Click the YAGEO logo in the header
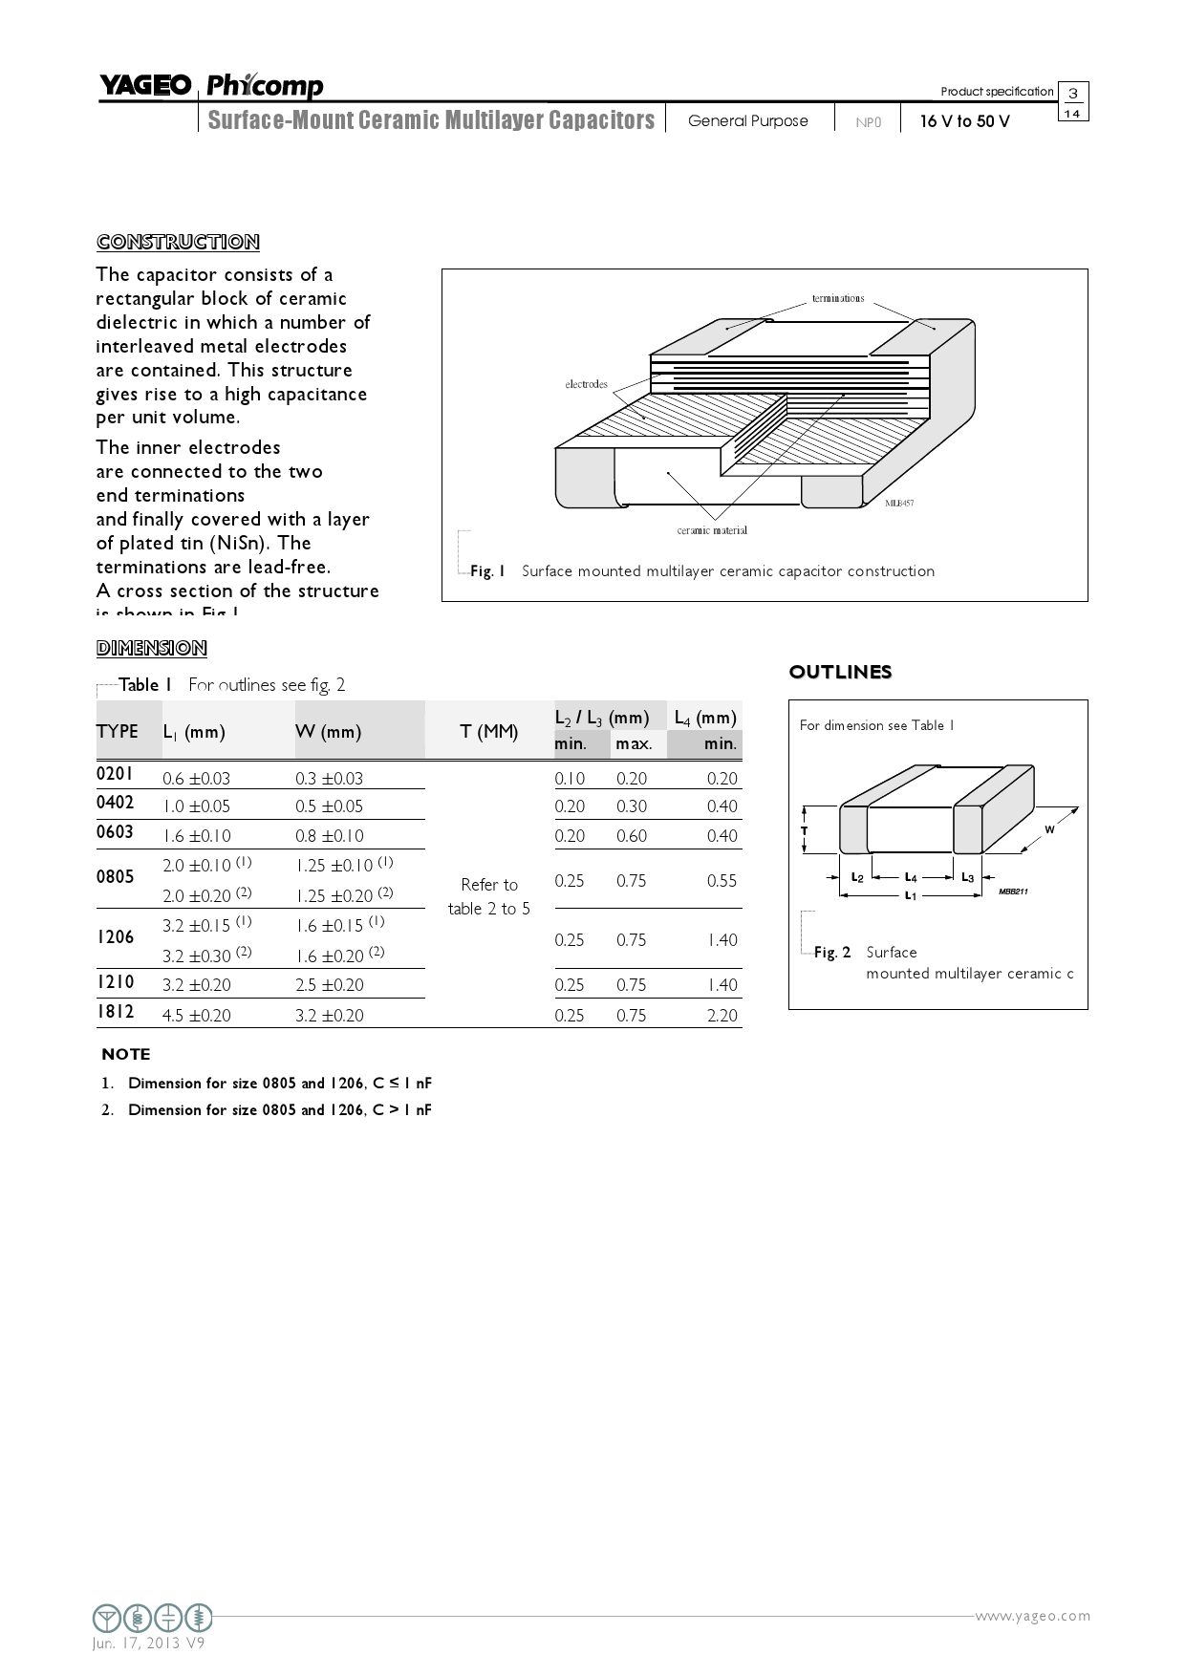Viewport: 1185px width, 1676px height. click(x=145, y=86)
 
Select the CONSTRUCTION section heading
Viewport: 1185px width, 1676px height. click(x=178, y=242)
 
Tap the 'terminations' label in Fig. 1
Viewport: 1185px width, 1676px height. click(x=838, y=298)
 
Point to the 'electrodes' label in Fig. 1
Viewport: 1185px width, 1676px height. click(x=586, y=384)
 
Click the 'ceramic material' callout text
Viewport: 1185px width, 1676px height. click(x=712, y=530)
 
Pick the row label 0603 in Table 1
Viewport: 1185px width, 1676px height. click(x=116, y=832)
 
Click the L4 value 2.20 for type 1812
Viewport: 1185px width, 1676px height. click(x=722, y=1016)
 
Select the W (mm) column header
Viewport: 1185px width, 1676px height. click(x=328, y=732)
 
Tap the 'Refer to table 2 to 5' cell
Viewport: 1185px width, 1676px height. click(x=488, y=896)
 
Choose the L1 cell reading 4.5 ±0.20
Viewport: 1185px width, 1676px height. click(x=196, y=1016)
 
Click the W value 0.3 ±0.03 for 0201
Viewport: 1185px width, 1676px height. click(x=329, y=779)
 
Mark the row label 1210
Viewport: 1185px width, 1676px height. click(x=116, y=982)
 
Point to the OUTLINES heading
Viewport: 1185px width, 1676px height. click(x=840, y=673)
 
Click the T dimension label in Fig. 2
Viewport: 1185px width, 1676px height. click(x=805, y=830)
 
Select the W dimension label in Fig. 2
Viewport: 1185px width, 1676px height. click(x=1049, y=829)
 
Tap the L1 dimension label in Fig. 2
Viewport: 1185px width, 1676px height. click(x=911, y=895)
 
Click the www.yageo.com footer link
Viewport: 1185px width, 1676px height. click(x=1032, y=1616)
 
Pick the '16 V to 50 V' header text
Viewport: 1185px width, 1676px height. click(x=964, y=121)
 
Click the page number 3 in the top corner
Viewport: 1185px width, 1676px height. click(x=1073, y=94)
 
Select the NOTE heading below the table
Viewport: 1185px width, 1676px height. click(x=126, y=1055)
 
